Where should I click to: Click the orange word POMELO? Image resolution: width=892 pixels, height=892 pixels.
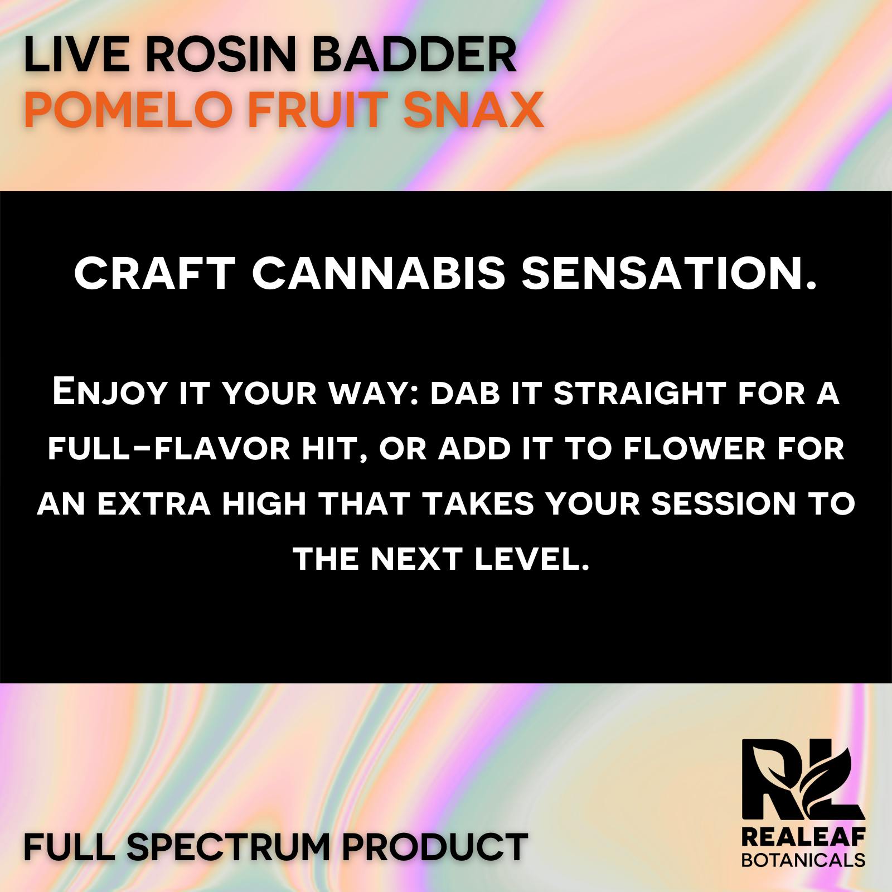[128, 109]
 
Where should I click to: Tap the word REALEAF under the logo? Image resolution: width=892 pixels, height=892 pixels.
[803, 838]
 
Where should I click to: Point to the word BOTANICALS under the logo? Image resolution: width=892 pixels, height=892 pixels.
[803, 859]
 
